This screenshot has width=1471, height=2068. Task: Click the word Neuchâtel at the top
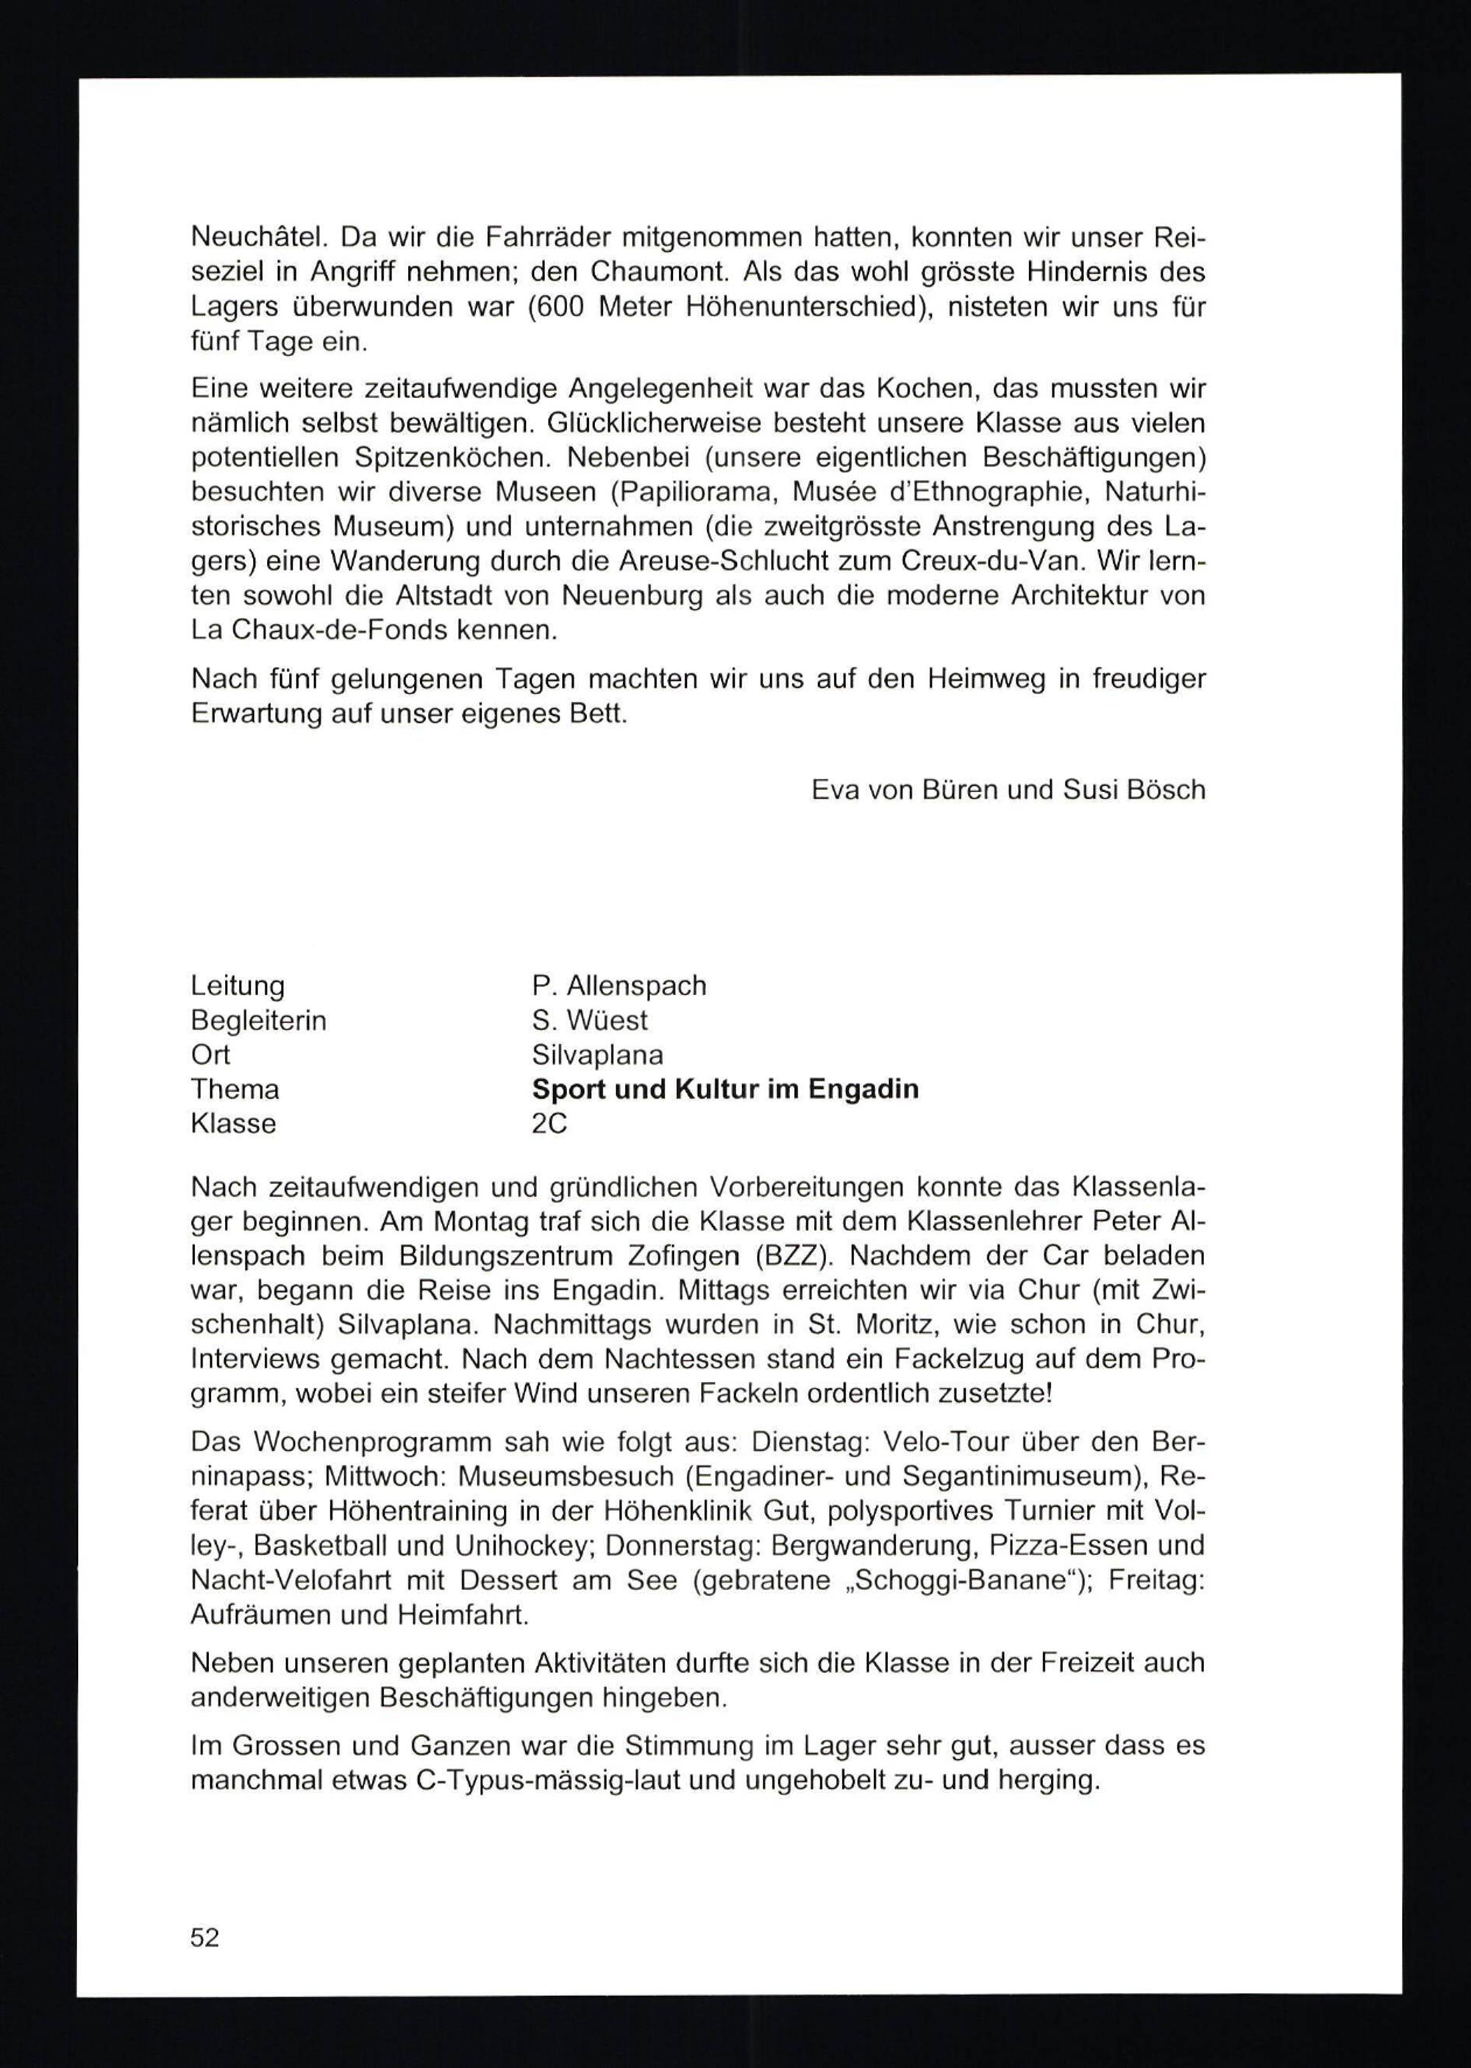252,238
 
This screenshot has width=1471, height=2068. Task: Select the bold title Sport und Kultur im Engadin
724,1088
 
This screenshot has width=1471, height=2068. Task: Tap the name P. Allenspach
619,985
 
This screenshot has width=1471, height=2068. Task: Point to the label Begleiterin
258,1021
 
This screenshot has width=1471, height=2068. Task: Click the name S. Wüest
590,1021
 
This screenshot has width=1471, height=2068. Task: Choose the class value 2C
549,1124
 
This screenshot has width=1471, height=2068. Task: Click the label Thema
235,1088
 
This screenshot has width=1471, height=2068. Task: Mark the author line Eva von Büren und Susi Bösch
1008,790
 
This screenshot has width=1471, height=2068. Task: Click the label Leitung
238,985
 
